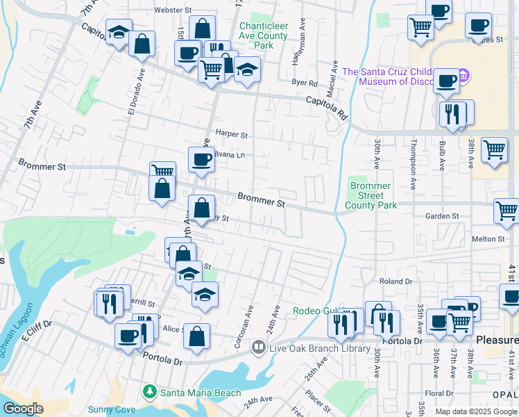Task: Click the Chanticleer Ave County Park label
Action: click(263, 35)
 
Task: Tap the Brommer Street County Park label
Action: click(371, 195)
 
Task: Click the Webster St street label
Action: click(172, 10)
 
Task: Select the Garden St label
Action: click(442, 217)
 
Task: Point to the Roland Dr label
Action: click(396, 281)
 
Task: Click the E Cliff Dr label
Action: click(37, 332)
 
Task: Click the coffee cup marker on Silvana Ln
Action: click(201, 159)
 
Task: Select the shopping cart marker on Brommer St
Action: click(162, 170)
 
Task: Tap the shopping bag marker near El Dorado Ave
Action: click(142, 44)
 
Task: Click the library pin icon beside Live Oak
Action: click(258, 346)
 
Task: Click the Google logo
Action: click(23, 409)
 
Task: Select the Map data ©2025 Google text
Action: click(475, 411)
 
